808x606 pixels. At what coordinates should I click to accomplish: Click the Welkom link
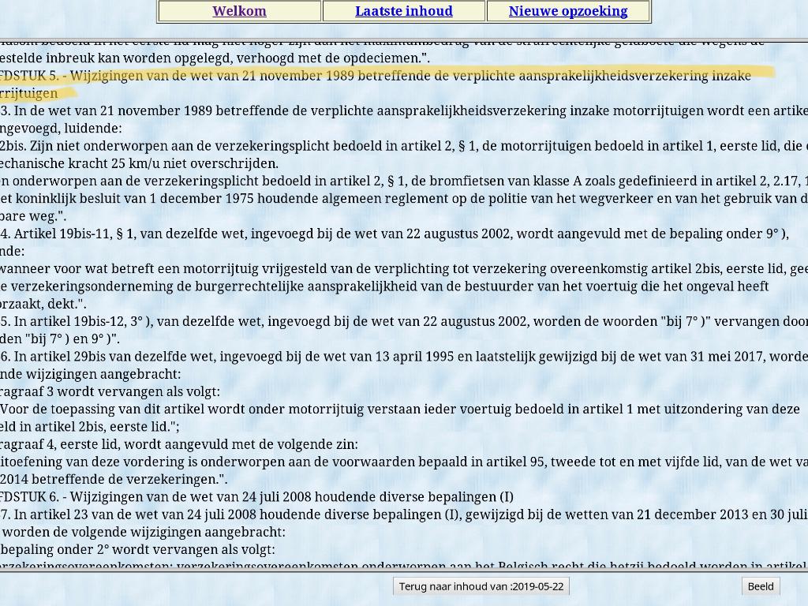click(239, 11)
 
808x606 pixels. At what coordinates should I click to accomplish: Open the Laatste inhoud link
click(403, 11)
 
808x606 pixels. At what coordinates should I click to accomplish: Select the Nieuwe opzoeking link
click(568, 11)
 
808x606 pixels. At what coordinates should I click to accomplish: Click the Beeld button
click(761, 585)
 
